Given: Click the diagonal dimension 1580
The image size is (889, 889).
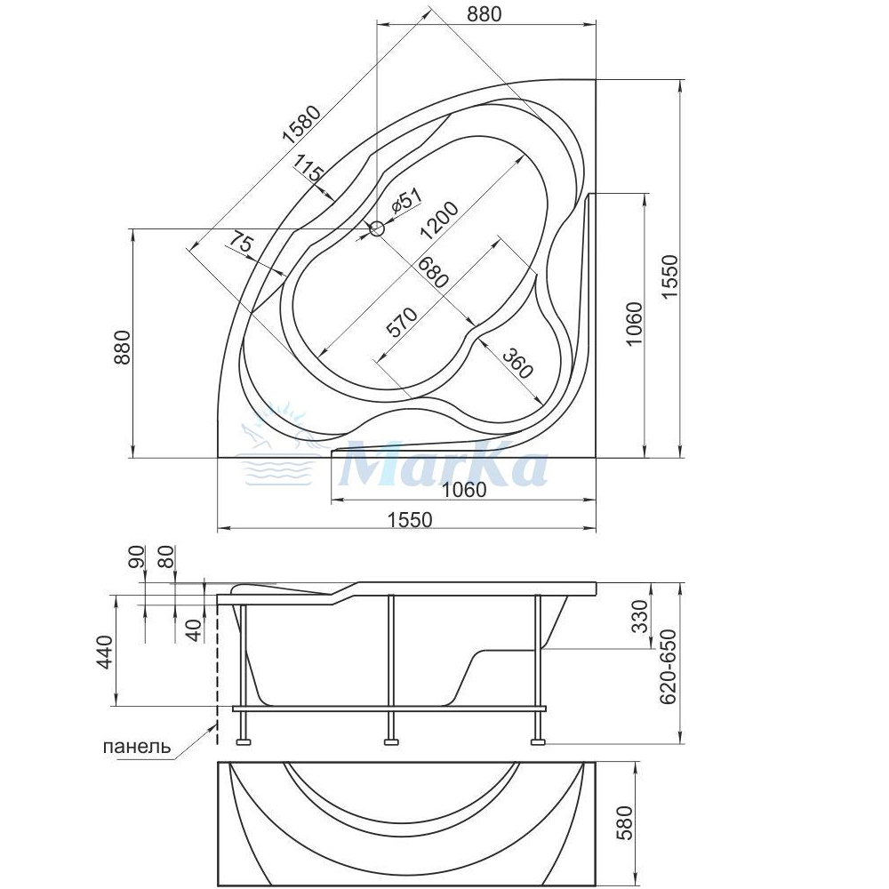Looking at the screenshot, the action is coord(302,124).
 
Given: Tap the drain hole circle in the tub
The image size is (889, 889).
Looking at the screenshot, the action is coord(377,229).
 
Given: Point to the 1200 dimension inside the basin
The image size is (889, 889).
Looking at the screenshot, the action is coord(439,220).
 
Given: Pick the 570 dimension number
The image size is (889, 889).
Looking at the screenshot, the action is coord(402,322).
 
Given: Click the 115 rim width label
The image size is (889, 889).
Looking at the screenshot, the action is coord(308,168).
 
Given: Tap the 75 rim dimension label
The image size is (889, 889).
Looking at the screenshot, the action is coord(240,244).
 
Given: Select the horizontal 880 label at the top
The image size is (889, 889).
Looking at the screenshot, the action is coord(485,13).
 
